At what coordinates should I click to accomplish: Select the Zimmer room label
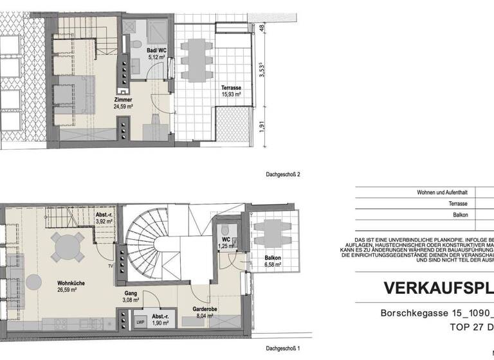(123, 100)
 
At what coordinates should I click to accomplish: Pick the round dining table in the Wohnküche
(68, 246)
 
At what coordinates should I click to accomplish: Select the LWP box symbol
(140, 323)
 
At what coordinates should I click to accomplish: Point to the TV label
(111, 264)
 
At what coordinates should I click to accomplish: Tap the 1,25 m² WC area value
(226, 246)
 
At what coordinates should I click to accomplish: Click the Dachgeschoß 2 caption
(283, 174)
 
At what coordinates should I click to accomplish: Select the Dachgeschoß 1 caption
(283, 349)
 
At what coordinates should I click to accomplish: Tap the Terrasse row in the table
(456, 204)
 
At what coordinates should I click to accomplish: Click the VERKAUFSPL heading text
(438, 287)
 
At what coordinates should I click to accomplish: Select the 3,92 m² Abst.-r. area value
(104, 221)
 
